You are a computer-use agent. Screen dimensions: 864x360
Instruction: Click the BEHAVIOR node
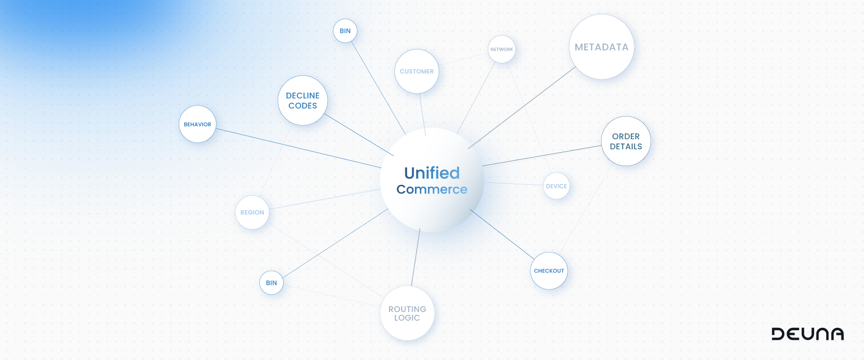(x=197, y=124)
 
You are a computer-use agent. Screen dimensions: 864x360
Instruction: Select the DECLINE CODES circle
(x=302, y=100)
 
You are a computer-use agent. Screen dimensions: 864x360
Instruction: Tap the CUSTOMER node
(x=416, y=72)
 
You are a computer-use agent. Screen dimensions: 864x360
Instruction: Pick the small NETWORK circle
(x=501, y=49)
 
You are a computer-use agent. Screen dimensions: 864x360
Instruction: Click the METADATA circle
(x=601, y=47)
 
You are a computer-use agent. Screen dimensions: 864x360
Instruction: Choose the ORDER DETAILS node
(x=626, y=141)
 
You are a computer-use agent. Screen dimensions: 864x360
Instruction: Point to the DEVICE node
(x=556, y=186)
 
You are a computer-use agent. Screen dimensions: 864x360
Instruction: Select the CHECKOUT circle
(x=549, y=271)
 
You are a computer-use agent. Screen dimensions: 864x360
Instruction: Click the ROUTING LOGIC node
(x=407, y=313)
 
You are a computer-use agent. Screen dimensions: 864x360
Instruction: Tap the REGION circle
(x=252, y=213)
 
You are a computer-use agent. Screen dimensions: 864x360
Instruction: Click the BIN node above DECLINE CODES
(x=345, y=31)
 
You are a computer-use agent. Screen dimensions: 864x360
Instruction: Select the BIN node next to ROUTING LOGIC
(x=271, y=283)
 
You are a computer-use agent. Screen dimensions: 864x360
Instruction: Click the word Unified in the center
(x=432, y=173)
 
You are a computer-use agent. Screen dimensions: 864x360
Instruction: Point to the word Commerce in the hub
(x=432, y=190)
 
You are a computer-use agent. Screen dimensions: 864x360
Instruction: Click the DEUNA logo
(x=807, y=334)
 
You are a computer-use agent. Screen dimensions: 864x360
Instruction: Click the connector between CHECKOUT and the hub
(x=502, y=234)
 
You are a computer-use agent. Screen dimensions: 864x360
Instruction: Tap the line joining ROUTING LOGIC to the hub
(x=415, y=258)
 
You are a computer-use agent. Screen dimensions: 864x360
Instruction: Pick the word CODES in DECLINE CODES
(x=302, y=106)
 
